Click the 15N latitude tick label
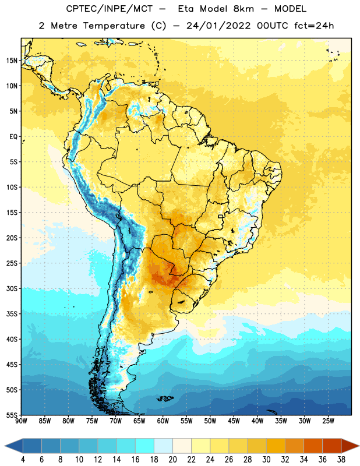(x=12, y=61)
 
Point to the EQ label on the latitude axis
(x=13, y=137)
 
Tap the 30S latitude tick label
(x=12, y=288)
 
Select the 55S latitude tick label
(x=12, y=415)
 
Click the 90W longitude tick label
(x=21, y=421)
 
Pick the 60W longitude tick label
(x=163, y=421)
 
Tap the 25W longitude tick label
(x=328, y=421)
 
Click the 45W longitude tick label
(x=234, y=421)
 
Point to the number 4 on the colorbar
(x=23, y=460)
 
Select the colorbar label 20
(x=172, y=460)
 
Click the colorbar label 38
(x=341, y=460)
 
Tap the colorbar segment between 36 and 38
(x=332, y=446)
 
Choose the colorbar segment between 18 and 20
(x=163, y=446)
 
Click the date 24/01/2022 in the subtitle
(x=218, y=26)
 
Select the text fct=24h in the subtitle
(x=314, y=26)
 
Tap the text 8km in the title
(x=243, y=9)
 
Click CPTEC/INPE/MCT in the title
(x=109, y=9)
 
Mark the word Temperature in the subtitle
(x=114, y=26)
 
